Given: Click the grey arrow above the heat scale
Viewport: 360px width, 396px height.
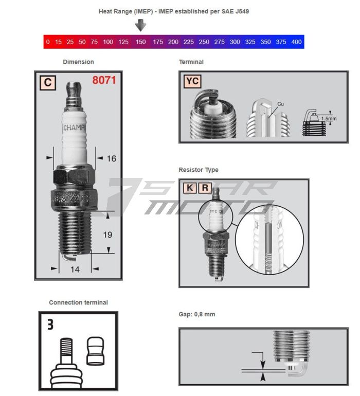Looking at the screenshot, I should (140, 25).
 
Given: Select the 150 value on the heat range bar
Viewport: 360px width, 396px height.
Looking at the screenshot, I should (140, 42).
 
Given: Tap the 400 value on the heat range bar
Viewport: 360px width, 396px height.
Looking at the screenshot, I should (296, 42).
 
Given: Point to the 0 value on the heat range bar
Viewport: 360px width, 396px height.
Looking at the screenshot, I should (48, 42).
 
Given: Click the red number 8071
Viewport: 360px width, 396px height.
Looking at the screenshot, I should (104, 81).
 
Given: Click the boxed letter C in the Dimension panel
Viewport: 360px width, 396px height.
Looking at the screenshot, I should (47, 82).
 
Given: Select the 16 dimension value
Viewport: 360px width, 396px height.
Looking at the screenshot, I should (111, 158).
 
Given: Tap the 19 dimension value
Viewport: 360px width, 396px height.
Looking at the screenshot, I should (108, 235).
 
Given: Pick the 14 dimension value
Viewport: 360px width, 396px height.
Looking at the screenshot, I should (75, 269).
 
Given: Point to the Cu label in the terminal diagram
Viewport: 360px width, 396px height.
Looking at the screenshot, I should (280, 104).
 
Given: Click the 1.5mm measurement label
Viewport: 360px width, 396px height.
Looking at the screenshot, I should (329, 118).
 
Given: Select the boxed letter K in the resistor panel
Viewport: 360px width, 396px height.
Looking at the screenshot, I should (190, 188).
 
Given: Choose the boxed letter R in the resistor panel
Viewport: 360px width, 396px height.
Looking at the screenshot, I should (205, 188).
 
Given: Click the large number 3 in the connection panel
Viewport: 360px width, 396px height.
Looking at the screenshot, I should (50, 325).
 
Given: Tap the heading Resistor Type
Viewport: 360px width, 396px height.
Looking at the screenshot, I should (198, 170).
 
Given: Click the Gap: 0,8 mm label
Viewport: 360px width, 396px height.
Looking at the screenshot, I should (196, 314).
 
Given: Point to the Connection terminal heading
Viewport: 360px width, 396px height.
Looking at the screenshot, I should (78, 302).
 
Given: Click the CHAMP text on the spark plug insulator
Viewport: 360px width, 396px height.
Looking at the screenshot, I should (75, 127).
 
